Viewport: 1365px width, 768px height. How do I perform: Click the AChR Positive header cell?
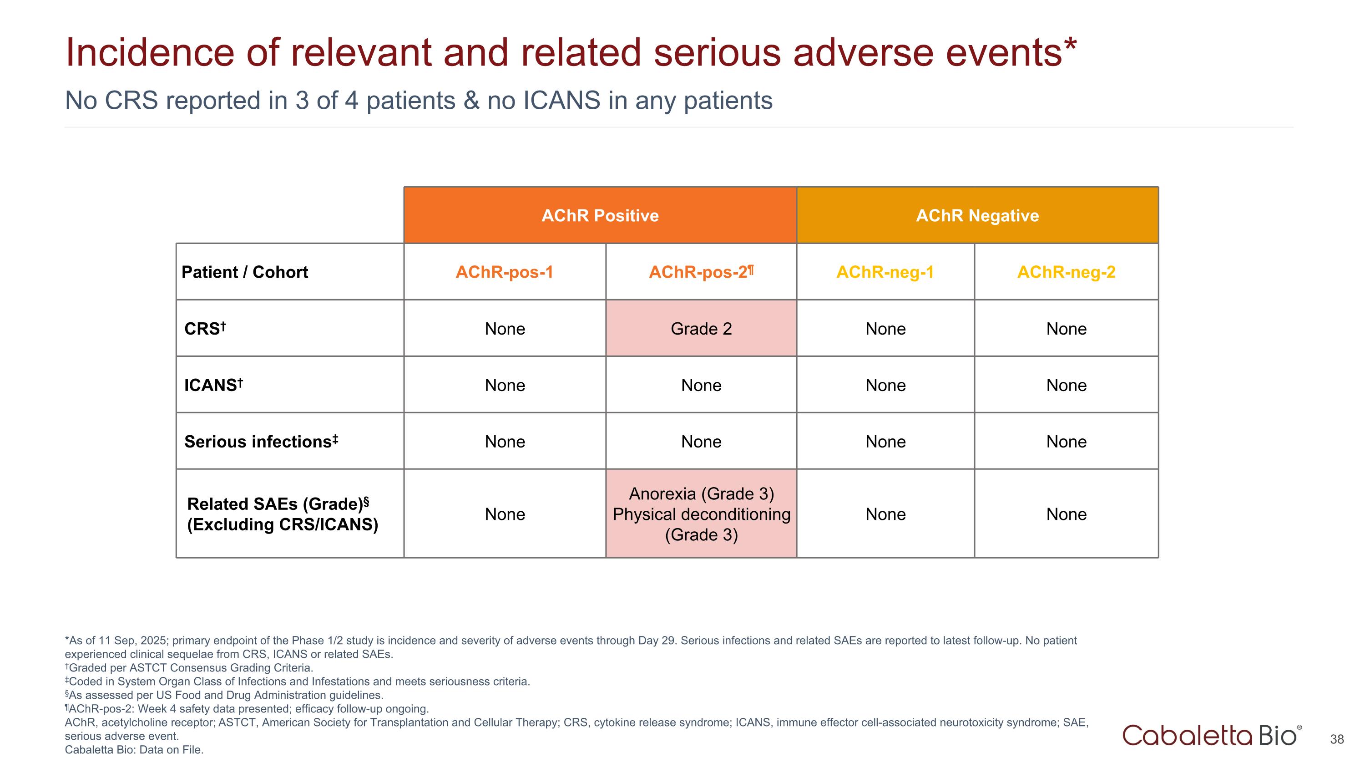pos(600,216)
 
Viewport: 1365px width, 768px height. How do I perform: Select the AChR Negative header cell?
pos(977,216)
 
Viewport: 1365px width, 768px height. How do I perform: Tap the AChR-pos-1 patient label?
pos(504,272)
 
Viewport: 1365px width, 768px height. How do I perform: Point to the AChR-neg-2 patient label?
pos(1066,272)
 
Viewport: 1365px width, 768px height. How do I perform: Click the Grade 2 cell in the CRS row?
pos(701,329)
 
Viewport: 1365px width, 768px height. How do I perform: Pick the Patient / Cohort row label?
pos(244,272)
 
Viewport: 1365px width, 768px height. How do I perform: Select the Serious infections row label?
pos(261,442)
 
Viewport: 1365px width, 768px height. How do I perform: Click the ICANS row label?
pos(213,385)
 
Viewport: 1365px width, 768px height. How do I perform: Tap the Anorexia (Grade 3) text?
pos(701,494)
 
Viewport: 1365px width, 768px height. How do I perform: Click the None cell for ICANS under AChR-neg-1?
pos(885,385)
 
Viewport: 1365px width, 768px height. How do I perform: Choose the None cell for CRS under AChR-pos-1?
pos(505,329)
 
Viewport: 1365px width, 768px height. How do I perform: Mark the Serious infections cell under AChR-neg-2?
pos(1066,442)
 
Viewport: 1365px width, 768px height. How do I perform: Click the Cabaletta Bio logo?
pos(1211,736)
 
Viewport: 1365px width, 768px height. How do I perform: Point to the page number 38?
pos(1336,739)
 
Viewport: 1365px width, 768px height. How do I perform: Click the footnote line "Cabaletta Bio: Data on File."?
pos(134,749)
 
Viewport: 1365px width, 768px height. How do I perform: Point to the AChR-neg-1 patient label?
pos(885,272)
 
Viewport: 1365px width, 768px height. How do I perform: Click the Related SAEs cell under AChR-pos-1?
pos(505,514)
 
